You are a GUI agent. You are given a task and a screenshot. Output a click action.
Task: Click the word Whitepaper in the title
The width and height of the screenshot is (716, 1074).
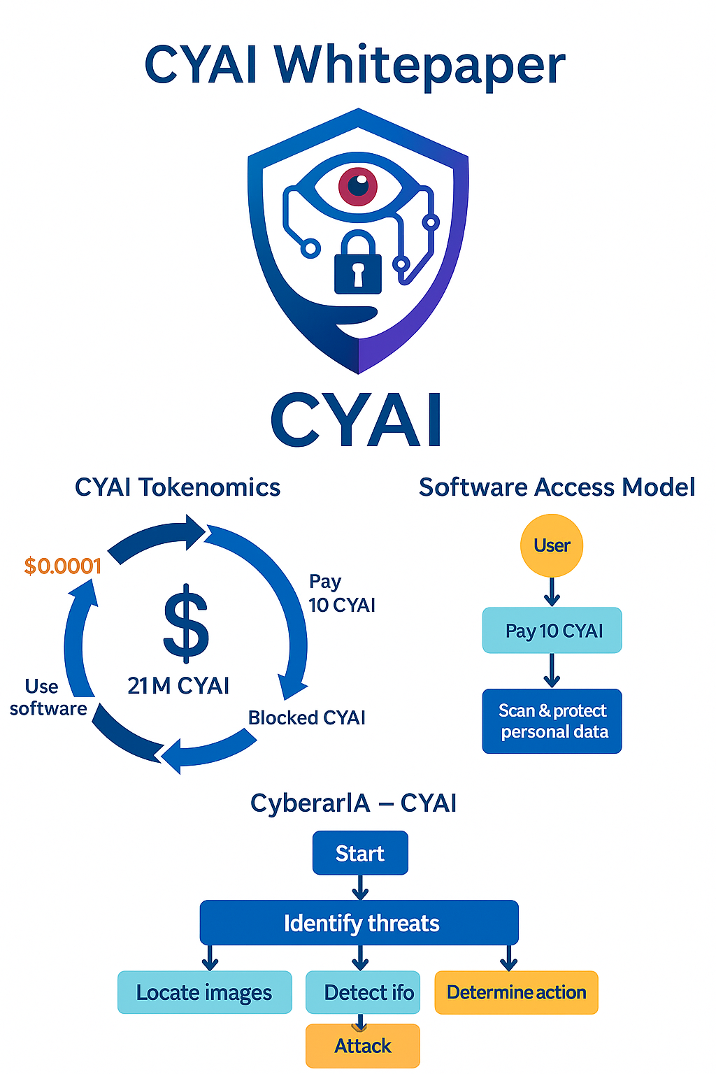point(420,64)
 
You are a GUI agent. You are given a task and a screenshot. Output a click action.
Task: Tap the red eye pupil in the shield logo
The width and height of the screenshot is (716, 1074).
point(358,186)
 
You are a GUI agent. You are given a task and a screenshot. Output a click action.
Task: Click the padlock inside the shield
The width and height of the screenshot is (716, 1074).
point(358,265)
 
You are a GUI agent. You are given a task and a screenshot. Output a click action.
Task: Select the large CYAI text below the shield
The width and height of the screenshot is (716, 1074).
point(357,420)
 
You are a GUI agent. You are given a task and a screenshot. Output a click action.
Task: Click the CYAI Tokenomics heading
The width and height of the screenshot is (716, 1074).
point(178,487)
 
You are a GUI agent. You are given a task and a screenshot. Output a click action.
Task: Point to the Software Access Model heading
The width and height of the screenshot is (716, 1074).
point(557,487)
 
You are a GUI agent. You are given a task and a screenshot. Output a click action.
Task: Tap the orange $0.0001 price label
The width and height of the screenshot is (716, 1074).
point(63,566)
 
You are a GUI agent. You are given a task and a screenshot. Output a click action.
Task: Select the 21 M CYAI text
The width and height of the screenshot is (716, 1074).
point(178,686)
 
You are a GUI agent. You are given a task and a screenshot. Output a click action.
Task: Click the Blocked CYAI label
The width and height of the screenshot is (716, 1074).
point(307,718)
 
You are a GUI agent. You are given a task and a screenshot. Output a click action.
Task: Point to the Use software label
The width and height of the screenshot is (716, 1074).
point(48,698)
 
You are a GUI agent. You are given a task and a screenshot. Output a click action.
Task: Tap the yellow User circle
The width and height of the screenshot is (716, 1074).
point(552,545)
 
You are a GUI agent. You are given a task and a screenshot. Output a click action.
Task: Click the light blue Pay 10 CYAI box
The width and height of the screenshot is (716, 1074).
point(552,631)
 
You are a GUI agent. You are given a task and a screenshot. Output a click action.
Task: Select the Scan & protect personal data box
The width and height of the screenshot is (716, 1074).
point(552,721)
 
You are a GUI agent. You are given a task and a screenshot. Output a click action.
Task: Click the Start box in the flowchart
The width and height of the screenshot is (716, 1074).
point(360,853)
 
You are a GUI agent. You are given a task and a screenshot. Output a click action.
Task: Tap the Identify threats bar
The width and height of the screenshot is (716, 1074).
point(359,923)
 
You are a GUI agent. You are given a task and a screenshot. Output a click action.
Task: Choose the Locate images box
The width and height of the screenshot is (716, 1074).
point(204,992)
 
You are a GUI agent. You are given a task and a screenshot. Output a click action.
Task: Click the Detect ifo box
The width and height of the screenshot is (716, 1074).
point(364,992)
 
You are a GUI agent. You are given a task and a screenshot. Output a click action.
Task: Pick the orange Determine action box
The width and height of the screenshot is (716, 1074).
point(516,992)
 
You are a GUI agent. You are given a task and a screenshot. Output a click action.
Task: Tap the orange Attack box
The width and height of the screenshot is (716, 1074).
point(363,1046)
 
